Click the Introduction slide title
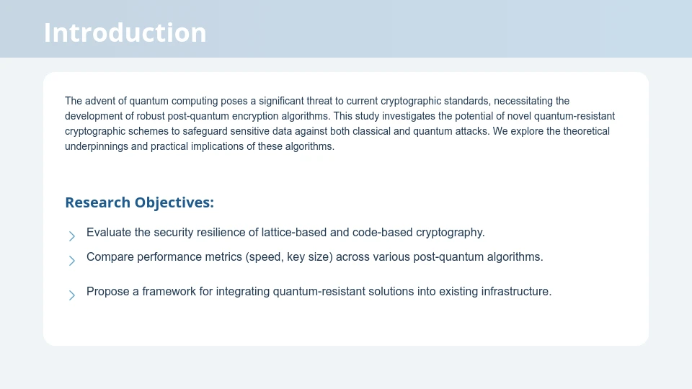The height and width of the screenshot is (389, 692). [x=125, y=32]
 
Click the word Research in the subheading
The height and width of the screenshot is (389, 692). [x=98, y=202]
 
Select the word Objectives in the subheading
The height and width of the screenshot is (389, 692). [x=174, y=202]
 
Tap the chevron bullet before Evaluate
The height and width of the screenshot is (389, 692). [x=72, y=236]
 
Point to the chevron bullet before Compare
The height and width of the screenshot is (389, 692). [x=72, y=260]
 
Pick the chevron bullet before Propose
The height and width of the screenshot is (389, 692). [x=72, y=295]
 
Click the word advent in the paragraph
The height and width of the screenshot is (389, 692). [x=99, y=101]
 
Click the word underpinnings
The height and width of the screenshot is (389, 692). [x=96, y=146]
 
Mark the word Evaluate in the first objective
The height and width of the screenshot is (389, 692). [x=109, y=233]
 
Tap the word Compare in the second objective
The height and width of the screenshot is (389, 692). [x=110, y=256]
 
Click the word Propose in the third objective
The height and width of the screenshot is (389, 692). [x=107, y=292]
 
